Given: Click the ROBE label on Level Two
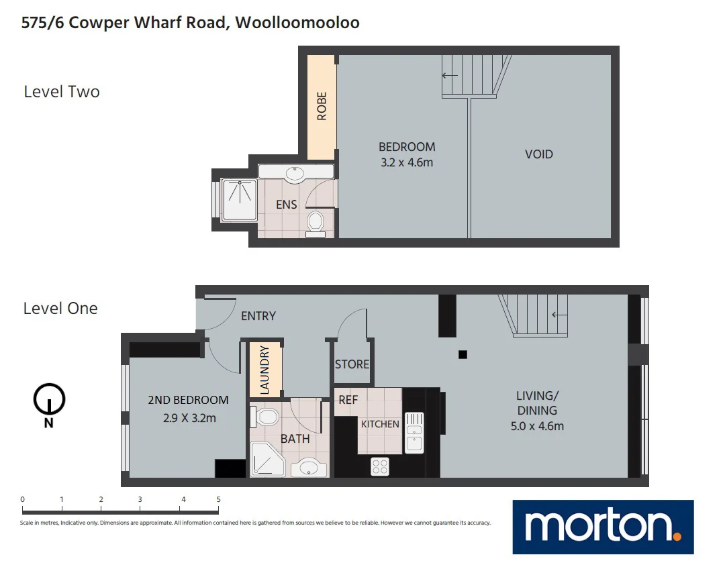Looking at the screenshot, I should [x=322, y=106].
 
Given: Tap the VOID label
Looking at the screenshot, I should [x=538, y=154].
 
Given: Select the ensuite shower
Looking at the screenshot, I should [x=239, y=199].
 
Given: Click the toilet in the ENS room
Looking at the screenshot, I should [x=315, y=222].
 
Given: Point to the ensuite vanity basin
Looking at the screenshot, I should [x=295, y=174].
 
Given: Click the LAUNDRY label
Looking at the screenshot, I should [x=264, y=369].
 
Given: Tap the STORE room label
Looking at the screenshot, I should [x=352, y=364].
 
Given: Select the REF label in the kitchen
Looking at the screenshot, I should [x=348, y=400].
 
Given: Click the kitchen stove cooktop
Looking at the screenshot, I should [x=380, y=466].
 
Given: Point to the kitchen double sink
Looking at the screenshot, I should [x=414, y=432].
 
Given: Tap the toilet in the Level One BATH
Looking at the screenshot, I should [x=267, y=417].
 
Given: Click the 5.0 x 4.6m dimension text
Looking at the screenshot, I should [x=536, y=426].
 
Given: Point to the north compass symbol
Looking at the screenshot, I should [x=49, y=401].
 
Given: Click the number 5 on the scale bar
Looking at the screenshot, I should [x=218, y=500].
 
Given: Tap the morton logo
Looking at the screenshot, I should [x=602, y=527].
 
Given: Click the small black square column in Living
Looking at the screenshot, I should [x=463, y=355].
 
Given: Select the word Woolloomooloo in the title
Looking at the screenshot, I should [x=297, y=23].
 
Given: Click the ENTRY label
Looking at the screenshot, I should [x=258, y=316].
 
